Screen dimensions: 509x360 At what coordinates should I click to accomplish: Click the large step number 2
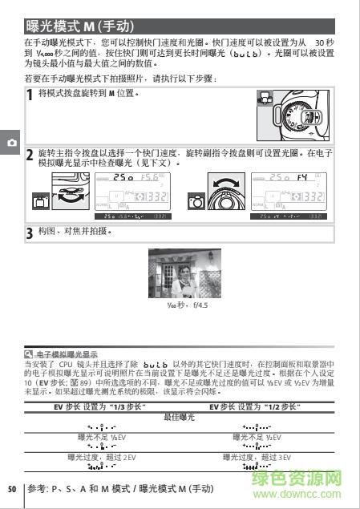point(30,155)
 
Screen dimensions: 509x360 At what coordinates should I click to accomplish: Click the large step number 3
point(30,233)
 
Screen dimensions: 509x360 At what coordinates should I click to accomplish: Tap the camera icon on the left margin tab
point(10,141)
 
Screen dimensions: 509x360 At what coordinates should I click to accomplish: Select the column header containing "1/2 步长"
point(257,408)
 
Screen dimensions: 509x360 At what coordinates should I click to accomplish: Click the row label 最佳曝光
point(180,417)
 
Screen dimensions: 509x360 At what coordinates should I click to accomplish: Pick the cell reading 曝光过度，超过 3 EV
point(257,457)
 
